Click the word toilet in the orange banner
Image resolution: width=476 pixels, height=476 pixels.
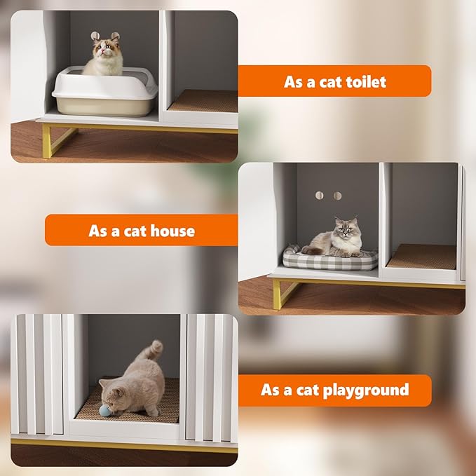[x=362, y=81]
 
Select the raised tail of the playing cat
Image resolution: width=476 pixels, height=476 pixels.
[x=154, y=351]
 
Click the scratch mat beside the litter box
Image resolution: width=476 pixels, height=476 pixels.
[x=203, y=101]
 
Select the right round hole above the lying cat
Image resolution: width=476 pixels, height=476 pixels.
[x=338, y=196]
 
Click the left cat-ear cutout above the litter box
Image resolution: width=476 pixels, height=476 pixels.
[x=95, y=36]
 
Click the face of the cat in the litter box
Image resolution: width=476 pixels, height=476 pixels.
[x=105, y=49]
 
